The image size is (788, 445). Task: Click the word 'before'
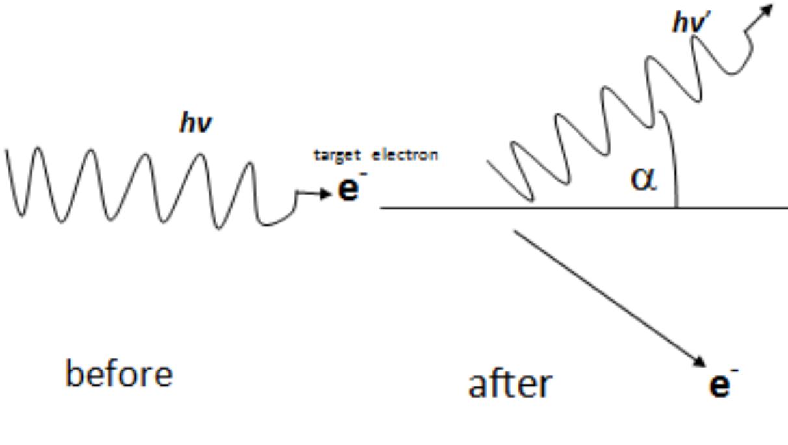(119, 374)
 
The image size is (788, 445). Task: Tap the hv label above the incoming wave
(196, 122)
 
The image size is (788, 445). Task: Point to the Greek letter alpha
(644, 179)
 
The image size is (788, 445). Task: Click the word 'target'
(337, 155)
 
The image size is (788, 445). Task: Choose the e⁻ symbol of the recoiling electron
(724, 383)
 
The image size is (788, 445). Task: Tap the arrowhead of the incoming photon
(325, 193)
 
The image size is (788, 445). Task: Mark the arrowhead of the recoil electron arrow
(700, 362)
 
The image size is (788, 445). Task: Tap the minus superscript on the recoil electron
(735, 370)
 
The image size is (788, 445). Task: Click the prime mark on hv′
(707, 16)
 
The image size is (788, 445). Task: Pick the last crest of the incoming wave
(250, 164)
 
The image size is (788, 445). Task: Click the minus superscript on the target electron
(363, 173)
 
